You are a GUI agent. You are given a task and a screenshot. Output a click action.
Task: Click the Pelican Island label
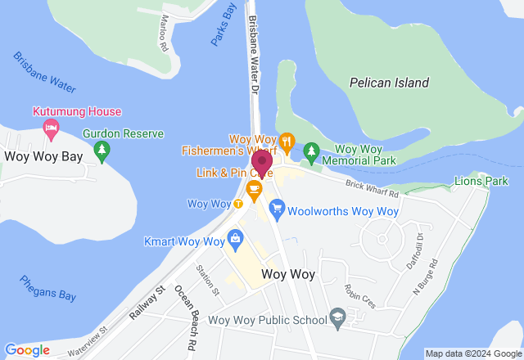click(x=389, y=83)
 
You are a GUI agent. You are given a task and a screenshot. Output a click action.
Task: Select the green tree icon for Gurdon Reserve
click(x=102, y=150)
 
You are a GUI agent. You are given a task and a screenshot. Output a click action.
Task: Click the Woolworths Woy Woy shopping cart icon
click(x=277, y=210)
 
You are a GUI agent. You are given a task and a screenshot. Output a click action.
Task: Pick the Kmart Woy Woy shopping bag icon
click(x=236, y=241)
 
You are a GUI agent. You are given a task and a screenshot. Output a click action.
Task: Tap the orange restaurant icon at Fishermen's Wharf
click(x=287, y=140)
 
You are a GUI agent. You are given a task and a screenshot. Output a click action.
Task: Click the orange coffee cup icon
click(x=254, y=190)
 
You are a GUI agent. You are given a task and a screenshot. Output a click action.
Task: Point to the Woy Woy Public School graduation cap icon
click(x=336, y=317)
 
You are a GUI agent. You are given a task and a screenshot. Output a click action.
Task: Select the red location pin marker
click(x=262, y=162)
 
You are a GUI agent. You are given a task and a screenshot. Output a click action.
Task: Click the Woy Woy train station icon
click(x=238, y=204)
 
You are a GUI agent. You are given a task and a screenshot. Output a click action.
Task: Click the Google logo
click(x=27, y=350)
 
